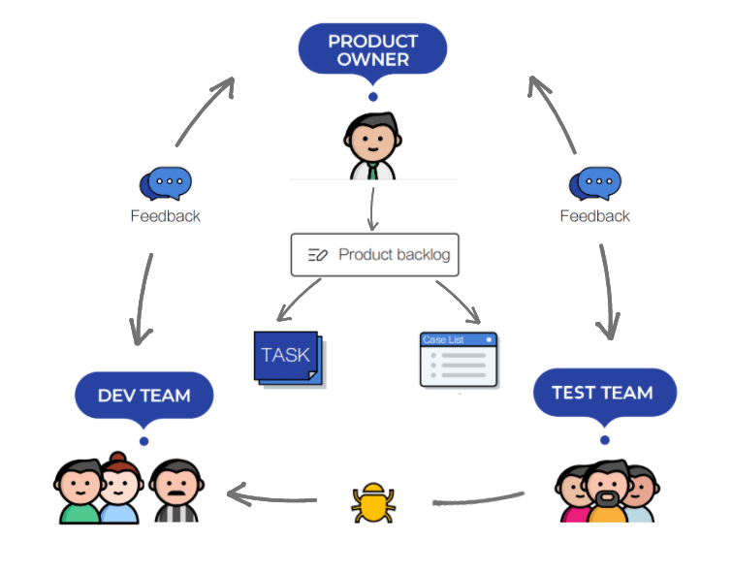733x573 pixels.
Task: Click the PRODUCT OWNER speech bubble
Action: pyautogui.click(x=372, y=48)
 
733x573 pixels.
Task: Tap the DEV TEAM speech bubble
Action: pyautogui.click(x=143, y=396)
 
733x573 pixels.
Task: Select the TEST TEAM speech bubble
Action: pyautogui.click(x=602, y=393)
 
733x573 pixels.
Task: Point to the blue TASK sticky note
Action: pyautogui.click(x=286, y=356)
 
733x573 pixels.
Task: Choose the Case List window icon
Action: pyautogui.click(x=459, y=360)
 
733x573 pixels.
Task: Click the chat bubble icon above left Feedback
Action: pyautogui.click(x=166, y=183)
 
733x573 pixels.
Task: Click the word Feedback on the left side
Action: pyautogui.click(x=165, y=215)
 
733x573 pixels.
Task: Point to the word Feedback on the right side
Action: pyautogui.click(x=594, y=215)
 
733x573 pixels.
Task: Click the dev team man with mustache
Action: pyautogui.click(x=176, y=491)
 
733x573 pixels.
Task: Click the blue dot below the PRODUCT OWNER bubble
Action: pyautogui.click(x=372, y=97)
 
